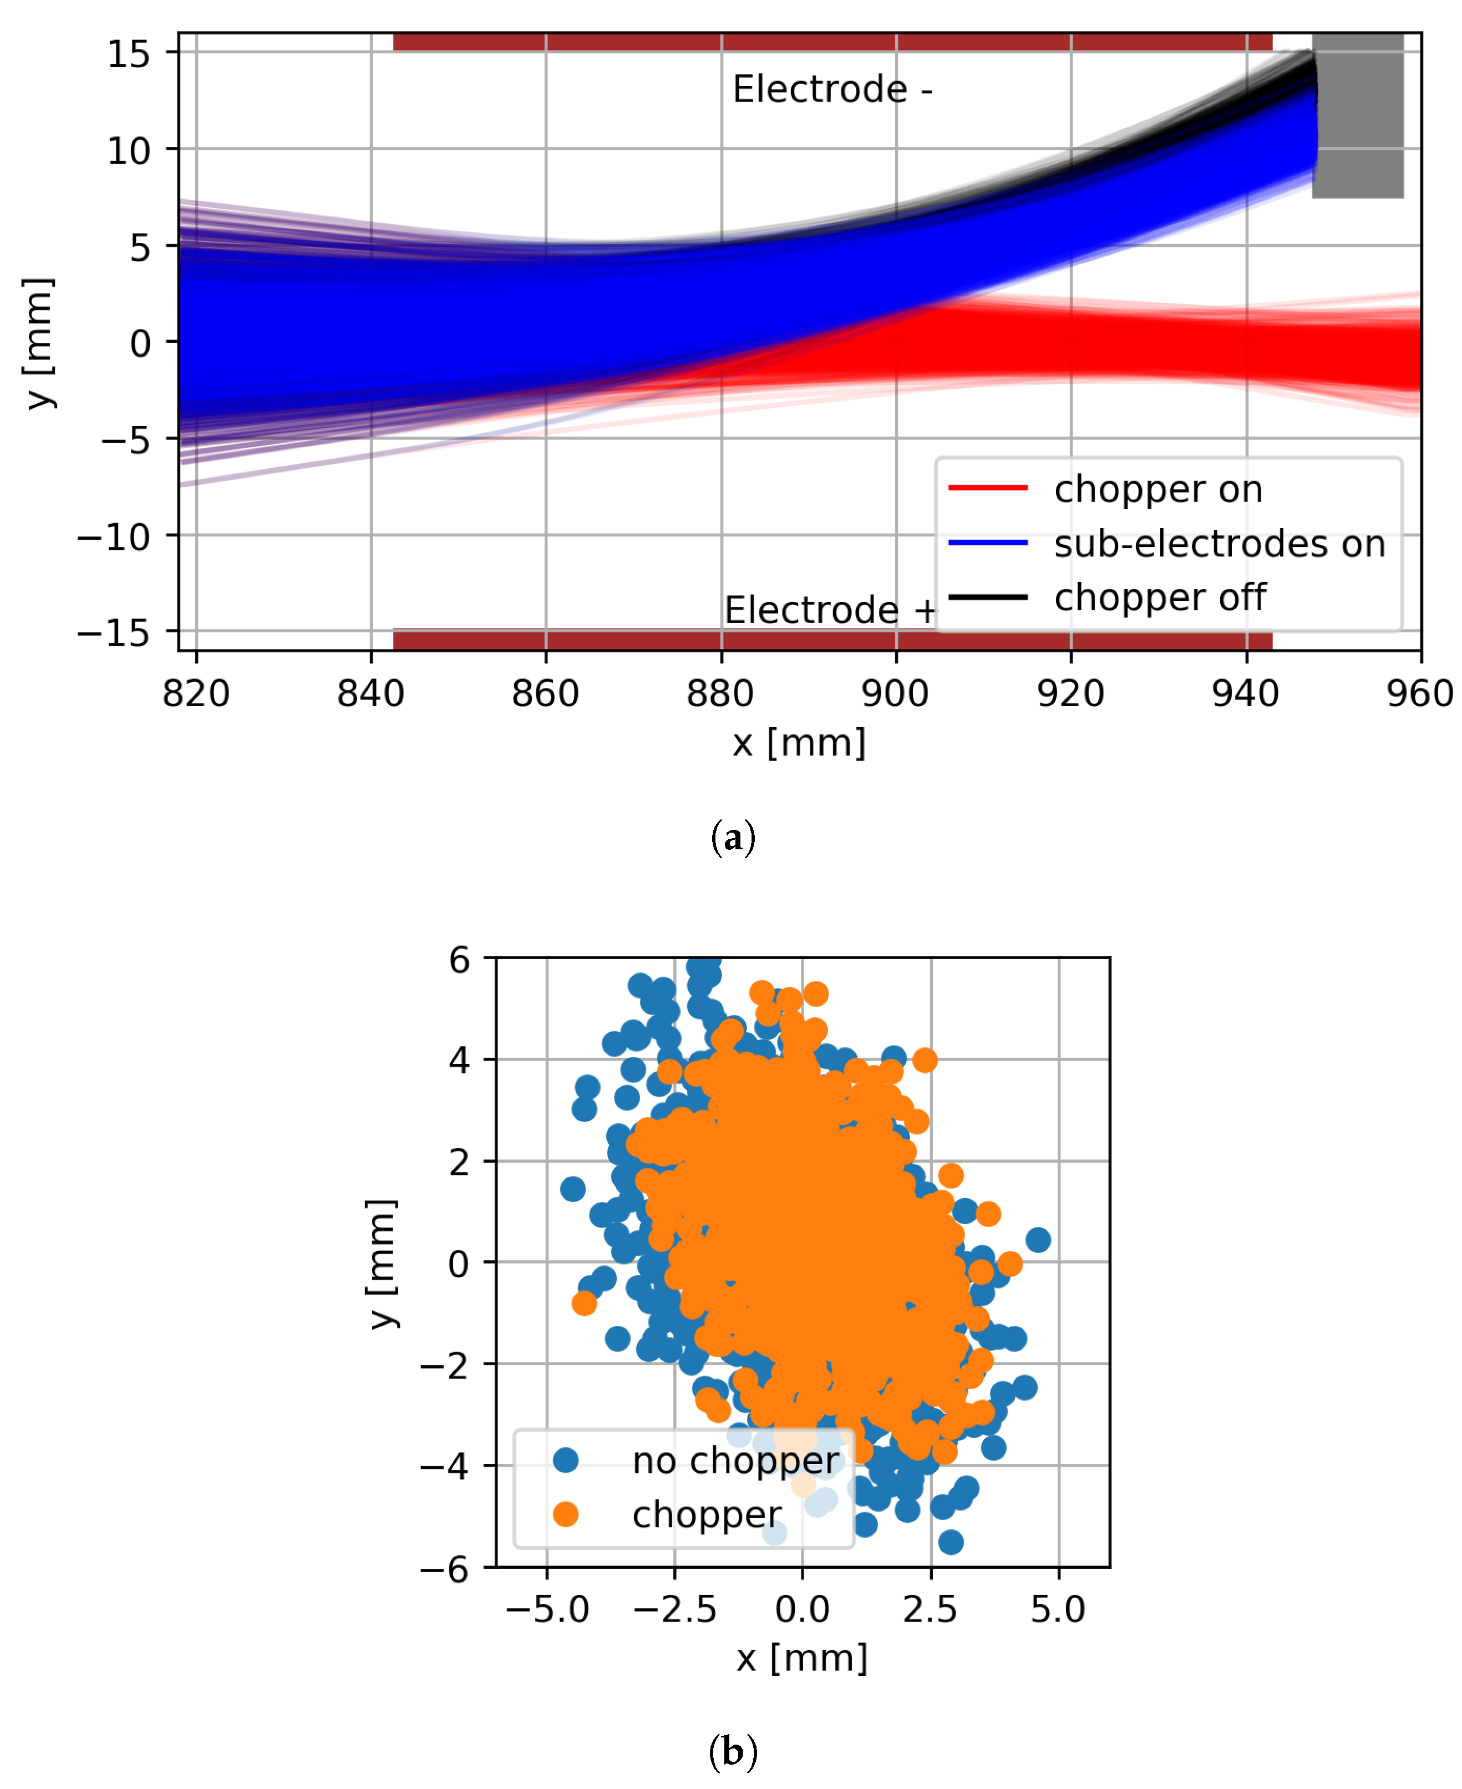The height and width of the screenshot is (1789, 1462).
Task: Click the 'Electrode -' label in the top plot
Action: click(832, 89)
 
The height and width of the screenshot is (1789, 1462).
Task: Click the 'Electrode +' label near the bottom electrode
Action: click(830, 610)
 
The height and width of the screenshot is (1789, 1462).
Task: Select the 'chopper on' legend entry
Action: click(1158, 489)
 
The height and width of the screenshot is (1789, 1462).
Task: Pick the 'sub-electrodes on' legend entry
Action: click(1219, 544)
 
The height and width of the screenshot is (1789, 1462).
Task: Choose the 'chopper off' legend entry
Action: click(1160, 598)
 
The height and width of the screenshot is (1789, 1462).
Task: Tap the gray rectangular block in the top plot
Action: click(1358, 116)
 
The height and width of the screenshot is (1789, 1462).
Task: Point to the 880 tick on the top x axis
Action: click(721, 694)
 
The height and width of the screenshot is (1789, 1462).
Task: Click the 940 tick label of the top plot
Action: click(1246, 694)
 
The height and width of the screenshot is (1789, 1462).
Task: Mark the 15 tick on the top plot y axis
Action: click(129, 54)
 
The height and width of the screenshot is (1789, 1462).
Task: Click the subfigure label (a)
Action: click(733, 838)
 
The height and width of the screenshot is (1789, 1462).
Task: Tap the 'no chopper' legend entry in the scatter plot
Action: click(734, 1461)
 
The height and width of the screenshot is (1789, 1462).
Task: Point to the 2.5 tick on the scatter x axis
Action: click(930, 1610)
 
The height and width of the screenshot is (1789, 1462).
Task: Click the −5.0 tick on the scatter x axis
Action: click(547, 1610)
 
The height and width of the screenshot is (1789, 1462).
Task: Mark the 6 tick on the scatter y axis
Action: click(459, 959)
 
